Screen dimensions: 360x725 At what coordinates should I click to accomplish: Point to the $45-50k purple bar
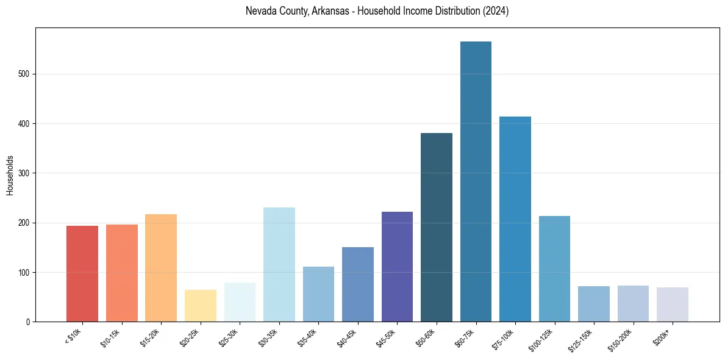click(397, 267)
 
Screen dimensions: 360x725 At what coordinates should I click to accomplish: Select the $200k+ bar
click(673, 304)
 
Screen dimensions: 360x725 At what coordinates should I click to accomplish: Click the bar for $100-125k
click(554, 268)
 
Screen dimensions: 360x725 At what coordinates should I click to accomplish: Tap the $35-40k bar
click(318, 293)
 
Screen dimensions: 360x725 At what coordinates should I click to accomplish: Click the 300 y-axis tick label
click(25, 173)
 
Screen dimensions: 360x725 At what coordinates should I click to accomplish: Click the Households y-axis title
click(10, 175)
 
